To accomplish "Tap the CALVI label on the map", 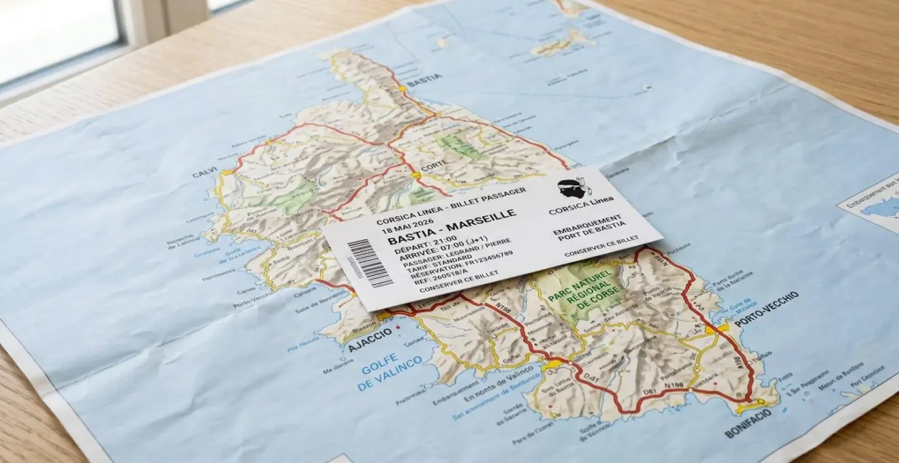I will pos(204,174).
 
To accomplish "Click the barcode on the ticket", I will pos(369,264).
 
